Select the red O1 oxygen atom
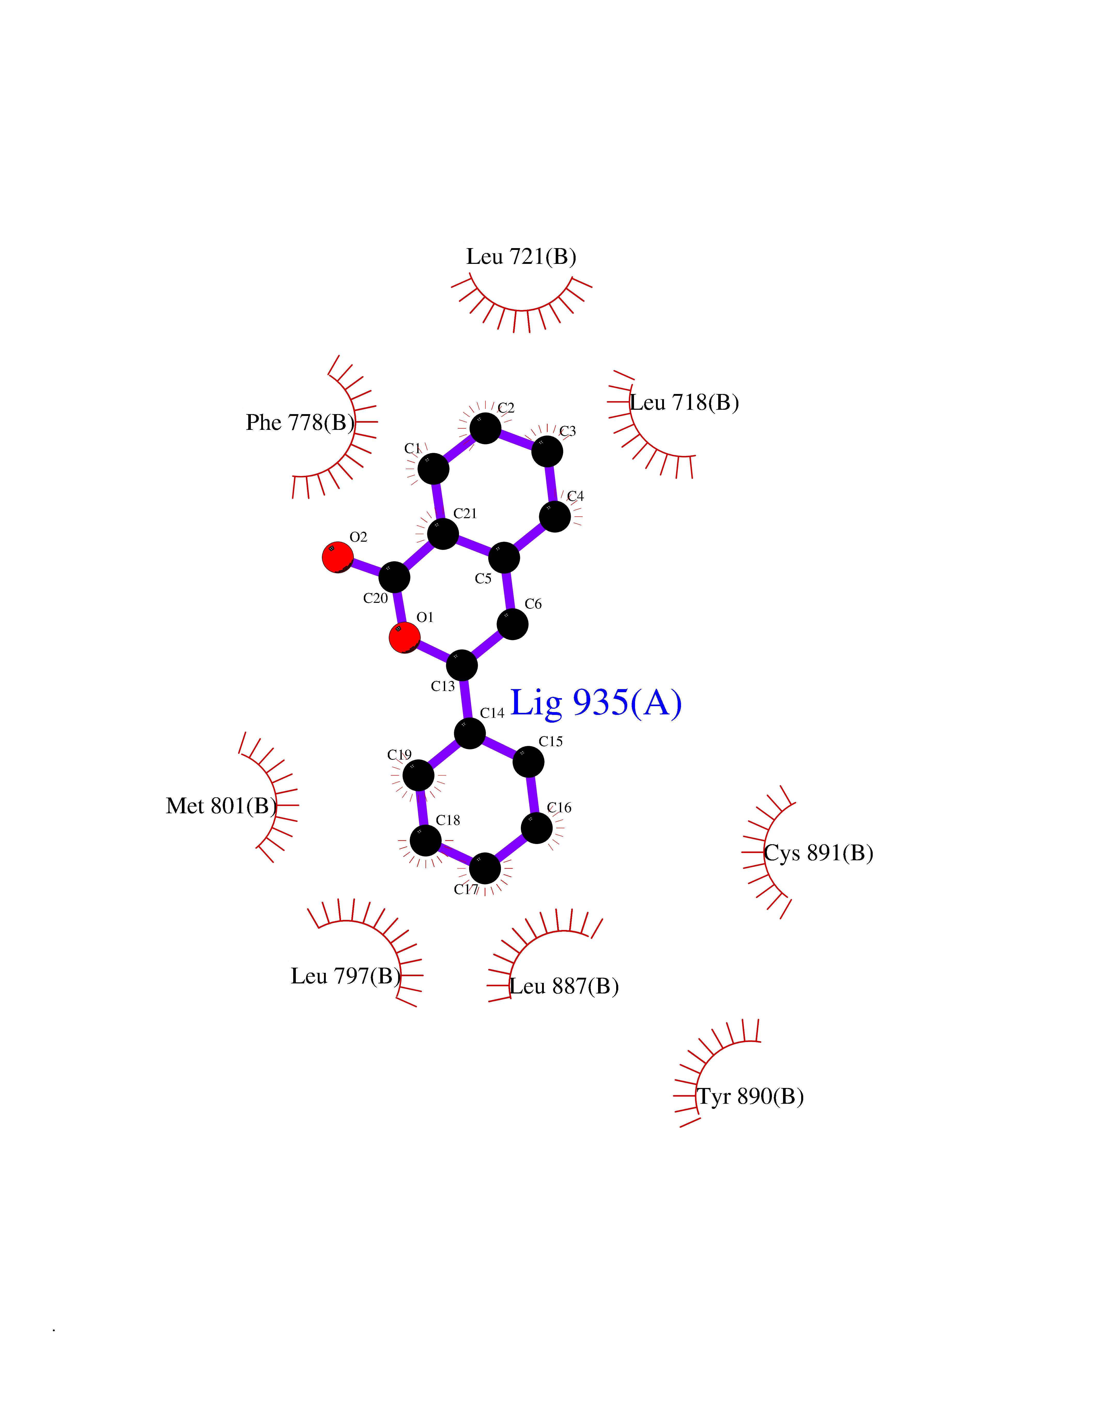pos(405,637)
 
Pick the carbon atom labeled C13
pos(462,665)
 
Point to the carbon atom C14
pos(470,733)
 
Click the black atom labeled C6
pos(513,624)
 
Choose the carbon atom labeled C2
pos(485,429)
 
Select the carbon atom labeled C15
pos(529,761)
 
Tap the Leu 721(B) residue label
pos(521,257)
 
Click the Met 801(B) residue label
pos(221,806)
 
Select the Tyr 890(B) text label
pos(750,1097)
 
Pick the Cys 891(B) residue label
pos(818,853)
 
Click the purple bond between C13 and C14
pos(466,700)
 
